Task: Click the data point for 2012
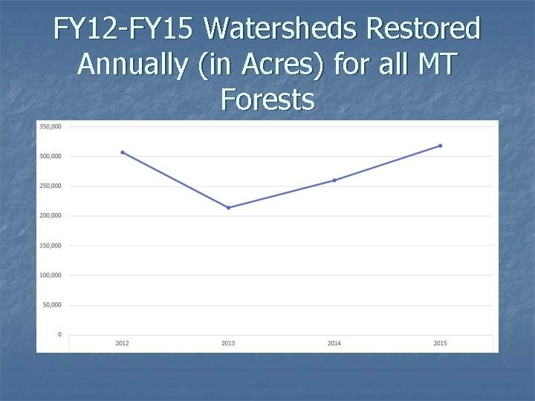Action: click(x=123, y=152)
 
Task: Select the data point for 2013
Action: click(x=228, y=207)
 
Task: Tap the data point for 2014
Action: click(x=334, y=180)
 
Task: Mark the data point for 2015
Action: click(x=440, y=146)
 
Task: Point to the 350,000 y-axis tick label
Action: click(x=51, y=126)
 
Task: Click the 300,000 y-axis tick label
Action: click(x=51, y=156)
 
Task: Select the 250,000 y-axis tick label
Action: click(x=51, y=186)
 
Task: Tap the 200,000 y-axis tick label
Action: click(x=51, y=215)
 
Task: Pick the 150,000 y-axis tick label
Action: click(x=51, y=245)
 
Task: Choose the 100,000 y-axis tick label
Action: click(x=51, y=275)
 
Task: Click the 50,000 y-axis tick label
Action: click(x=52, y=304)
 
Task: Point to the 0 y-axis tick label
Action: click(x=59, y=334)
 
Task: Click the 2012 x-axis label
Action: click(x=123, y=343)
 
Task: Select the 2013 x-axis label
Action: click(x=228, y=343)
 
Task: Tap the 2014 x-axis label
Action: click(x=334, y=343)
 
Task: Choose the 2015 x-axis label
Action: click(x=440, y=343)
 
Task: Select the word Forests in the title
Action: click(x=267, y=98)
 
